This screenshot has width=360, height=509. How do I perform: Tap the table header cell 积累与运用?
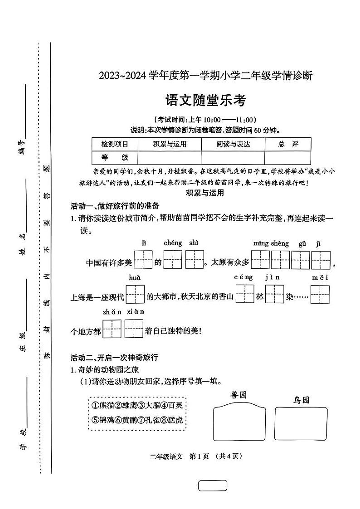coord(170,144)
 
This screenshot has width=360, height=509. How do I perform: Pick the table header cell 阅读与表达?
coord(233,144)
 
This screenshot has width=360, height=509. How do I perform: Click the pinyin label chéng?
coord(173,243)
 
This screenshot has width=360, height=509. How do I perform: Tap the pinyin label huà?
coord(135,277)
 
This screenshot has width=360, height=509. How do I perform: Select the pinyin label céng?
coord(243,277)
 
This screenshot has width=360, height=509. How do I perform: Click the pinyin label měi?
coord(320,277)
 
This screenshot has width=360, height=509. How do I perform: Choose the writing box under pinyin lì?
coord(143,260)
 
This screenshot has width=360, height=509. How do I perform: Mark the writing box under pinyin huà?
coord(135,294)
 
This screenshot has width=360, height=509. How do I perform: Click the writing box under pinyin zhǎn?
coord(112,329)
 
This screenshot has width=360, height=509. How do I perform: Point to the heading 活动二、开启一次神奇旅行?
coord(114,357)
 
